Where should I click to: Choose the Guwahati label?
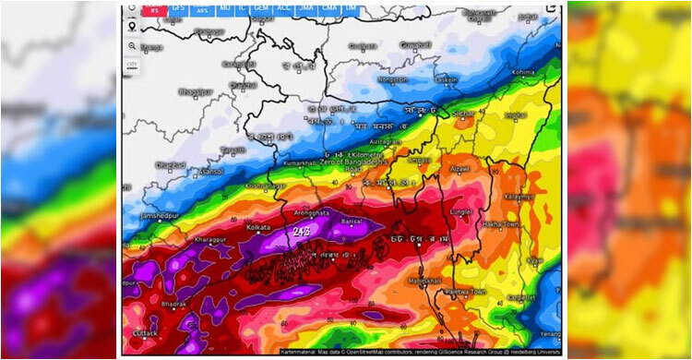[x=392, y=44]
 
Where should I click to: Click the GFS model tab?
[x=177, y=8]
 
